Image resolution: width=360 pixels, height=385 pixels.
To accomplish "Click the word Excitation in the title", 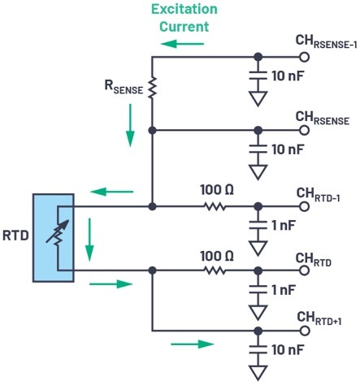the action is [x=184, y=9].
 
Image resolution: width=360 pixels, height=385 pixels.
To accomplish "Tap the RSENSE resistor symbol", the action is [x=152, y=87].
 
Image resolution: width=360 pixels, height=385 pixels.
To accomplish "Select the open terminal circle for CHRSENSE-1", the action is [x=305, y=57].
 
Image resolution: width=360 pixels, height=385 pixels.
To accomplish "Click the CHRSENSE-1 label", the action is [x=326, y=41].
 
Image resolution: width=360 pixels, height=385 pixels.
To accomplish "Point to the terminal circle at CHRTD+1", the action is [x=305, y=331].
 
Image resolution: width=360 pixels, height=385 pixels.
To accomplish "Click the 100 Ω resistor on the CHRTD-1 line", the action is [x=215, y=207].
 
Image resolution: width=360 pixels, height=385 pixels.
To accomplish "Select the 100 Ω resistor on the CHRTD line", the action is [x=215, y=270].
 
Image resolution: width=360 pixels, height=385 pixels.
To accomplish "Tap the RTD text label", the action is [x=15, y=236].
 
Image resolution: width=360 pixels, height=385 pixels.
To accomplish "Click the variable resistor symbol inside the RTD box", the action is [x=58, y=232].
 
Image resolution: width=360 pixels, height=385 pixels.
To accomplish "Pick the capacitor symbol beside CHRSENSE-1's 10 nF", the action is [x=258, y=76].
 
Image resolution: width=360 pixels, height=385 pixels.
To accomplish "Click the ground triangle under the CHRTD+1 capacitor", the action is [x=258, y=373].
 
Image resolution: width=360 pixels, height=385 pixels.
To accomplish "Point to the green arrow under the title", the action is [x=182, y=44].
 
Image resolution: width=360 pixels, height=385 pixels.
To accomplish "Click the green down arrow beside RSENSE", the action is [x=130, y=125].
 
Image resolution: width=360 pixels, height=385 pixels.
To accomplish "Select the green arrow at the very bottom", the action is [x=193, y=344].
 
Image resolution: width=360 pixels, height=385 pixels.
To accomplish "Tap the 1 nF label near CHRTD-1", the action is [x=284, y=225].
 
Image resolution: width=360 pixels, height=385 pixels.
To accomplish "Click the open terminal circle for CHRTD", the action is [x=305, y=270].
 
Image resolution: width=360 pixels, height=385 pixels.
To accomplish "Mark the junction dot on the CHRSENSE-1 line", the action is [x=258, y=57].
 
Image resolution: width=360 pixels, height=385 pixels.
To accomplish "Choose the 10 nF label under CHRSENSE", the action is [x=288, y=149].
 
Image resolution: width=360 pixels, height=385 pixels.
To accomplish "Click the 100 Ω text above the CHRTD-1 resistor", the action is [x=217, y=190].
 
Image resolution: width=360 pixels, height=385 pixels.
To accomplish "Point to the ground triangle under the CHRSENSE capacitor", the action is [x=258, y=172].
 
